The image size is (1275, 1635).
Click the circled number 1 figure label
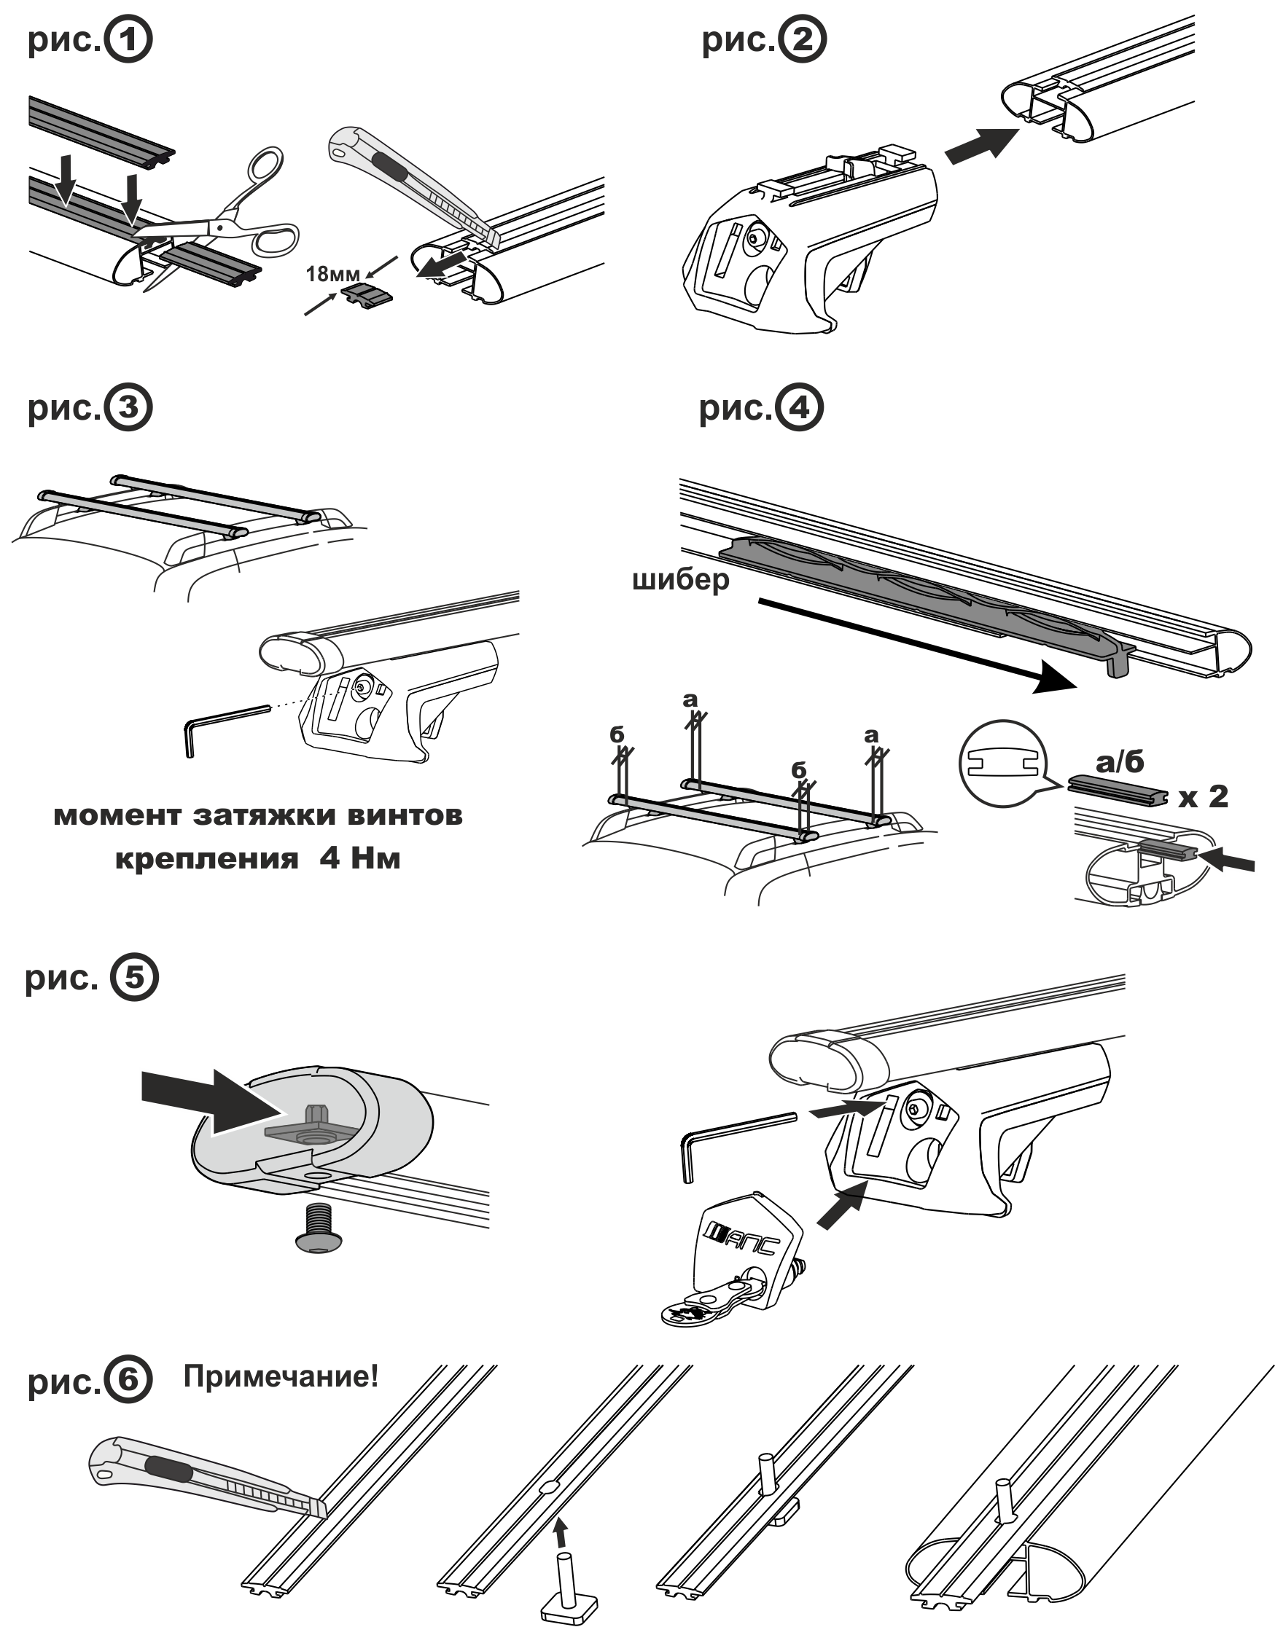[x=128, y=39]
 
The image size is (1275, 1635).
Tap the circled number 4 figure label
[x=799, y=408]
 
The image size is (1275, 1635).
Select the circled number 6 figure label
[x=128, y=1380]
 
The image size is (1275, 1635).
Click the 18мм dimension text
[x=332, y=274]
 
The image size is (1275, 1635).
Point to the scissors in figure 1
[x=225, y=217]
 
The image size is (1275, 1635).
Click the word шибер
[x=680, y=580]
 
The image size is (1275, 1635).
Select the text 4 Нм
[x=360, y=858]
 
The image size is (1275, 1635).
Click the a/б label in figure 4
[x=1120, y=762]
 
